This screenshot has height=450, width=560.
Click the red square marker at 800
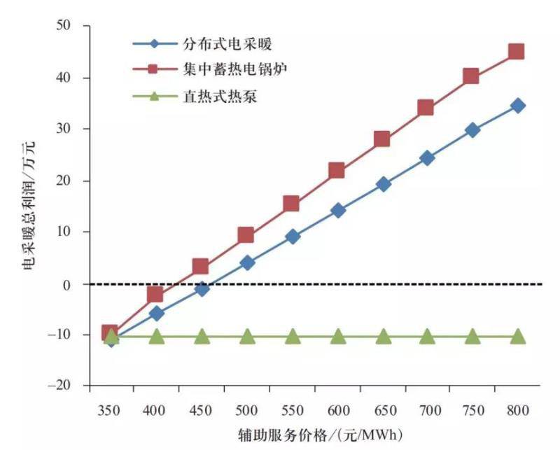click(517, 52)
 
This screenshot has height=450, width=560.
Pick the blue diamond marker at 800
click(518, 106)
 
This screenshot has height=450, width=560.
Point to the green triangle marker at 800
click(518, 337)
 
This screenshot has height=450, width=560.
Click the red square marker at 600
click(337, 171)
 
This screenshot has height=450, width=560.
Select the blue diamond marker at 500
click(247, 263)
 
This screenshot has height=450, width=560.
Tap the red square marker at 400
click(155, 294)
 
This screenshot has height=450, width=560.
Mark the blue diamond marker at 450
click(202, 288)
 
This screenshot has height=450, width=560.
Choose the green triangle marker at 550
click(292, 337)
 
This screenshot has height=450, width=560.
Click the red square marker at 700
click(426, 108)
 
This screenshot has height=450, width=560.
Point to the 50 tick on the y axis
click(71, 26)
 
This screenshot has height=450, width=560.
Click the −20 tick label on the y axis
click(66, 386)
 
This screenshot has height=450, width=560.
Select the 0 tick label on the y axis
click(75, 284)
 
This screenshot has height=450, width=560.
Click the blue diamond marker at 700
click(427, 158)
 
